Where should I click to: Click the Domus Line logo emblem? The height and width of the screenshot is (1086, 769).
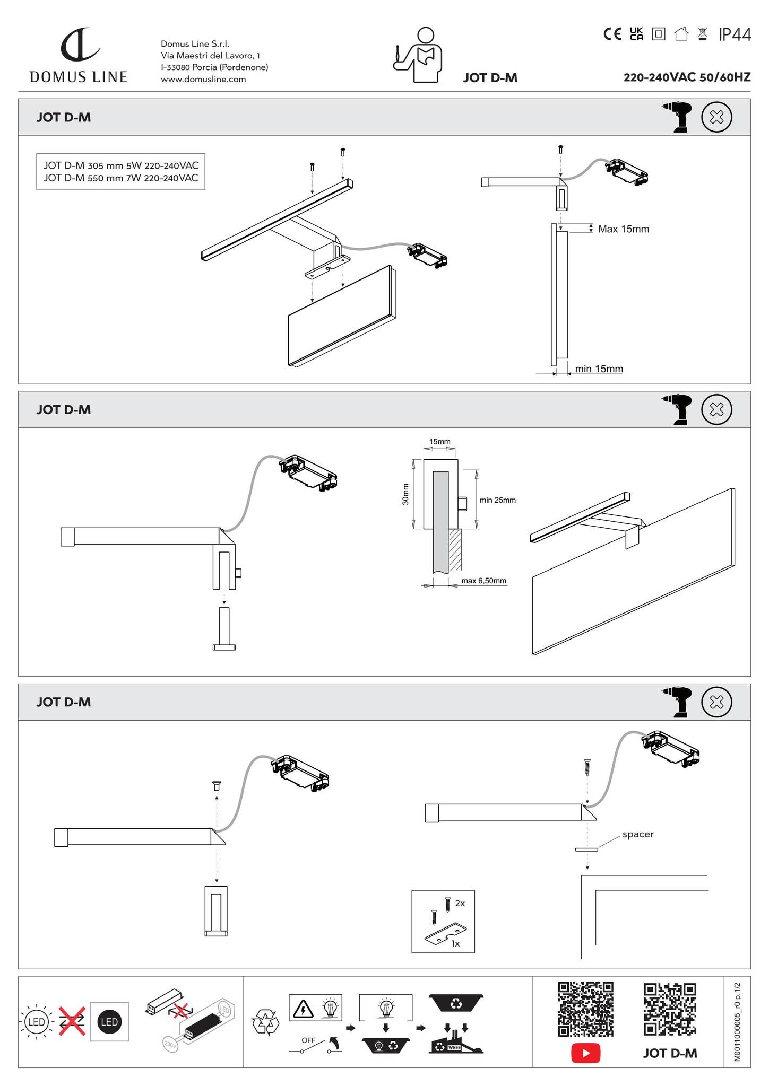[80, 45]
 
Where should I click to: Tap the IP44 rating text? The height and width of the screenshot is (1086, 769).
[735, 35]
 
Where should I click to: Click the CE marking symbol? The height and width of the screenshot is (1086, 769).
[612, 34]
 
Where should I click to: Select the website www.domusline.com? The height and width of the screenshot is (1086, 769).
[203, 80]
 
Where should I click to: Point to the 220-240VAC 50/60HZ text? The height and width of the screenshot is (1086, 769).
[687, 77]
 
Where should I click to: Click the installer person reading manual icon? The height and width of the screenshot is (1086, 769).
[419, 56]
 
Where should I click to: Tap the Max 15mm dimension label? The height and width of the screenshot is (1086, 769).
[624, 229]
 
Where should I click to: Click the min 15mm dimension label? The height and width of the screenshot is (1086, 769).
[599, 369]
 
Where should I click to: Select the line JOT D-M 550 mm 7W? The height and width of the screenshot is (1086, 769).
[120, 178]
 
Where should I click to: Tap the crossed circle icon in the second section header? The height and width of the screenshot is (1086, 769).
[716, 409]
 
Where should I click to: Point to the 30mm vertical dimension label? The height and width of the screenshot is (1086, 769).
[405, 494]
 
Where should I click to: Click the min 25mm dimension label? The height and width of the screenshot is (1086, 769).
[497, 500]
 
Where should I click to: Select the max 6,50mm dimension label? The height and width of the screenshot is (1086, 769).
[483, 581]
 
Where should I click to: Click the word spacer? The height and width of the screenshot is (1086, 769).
[637, 834]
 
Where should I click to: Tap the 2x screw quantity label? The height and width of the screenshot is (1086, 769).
[460, 903]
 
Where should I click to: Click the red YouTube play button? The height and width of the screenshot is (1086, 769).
[585, 1053]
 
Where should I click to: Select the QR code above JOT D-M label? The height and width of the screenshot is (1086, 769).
[670, 1009]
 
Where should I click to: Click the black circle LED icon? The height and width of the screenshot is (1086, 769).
[109, 1022]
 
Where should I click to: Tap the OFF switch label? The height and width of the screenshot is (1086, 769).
[308, 1040]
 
